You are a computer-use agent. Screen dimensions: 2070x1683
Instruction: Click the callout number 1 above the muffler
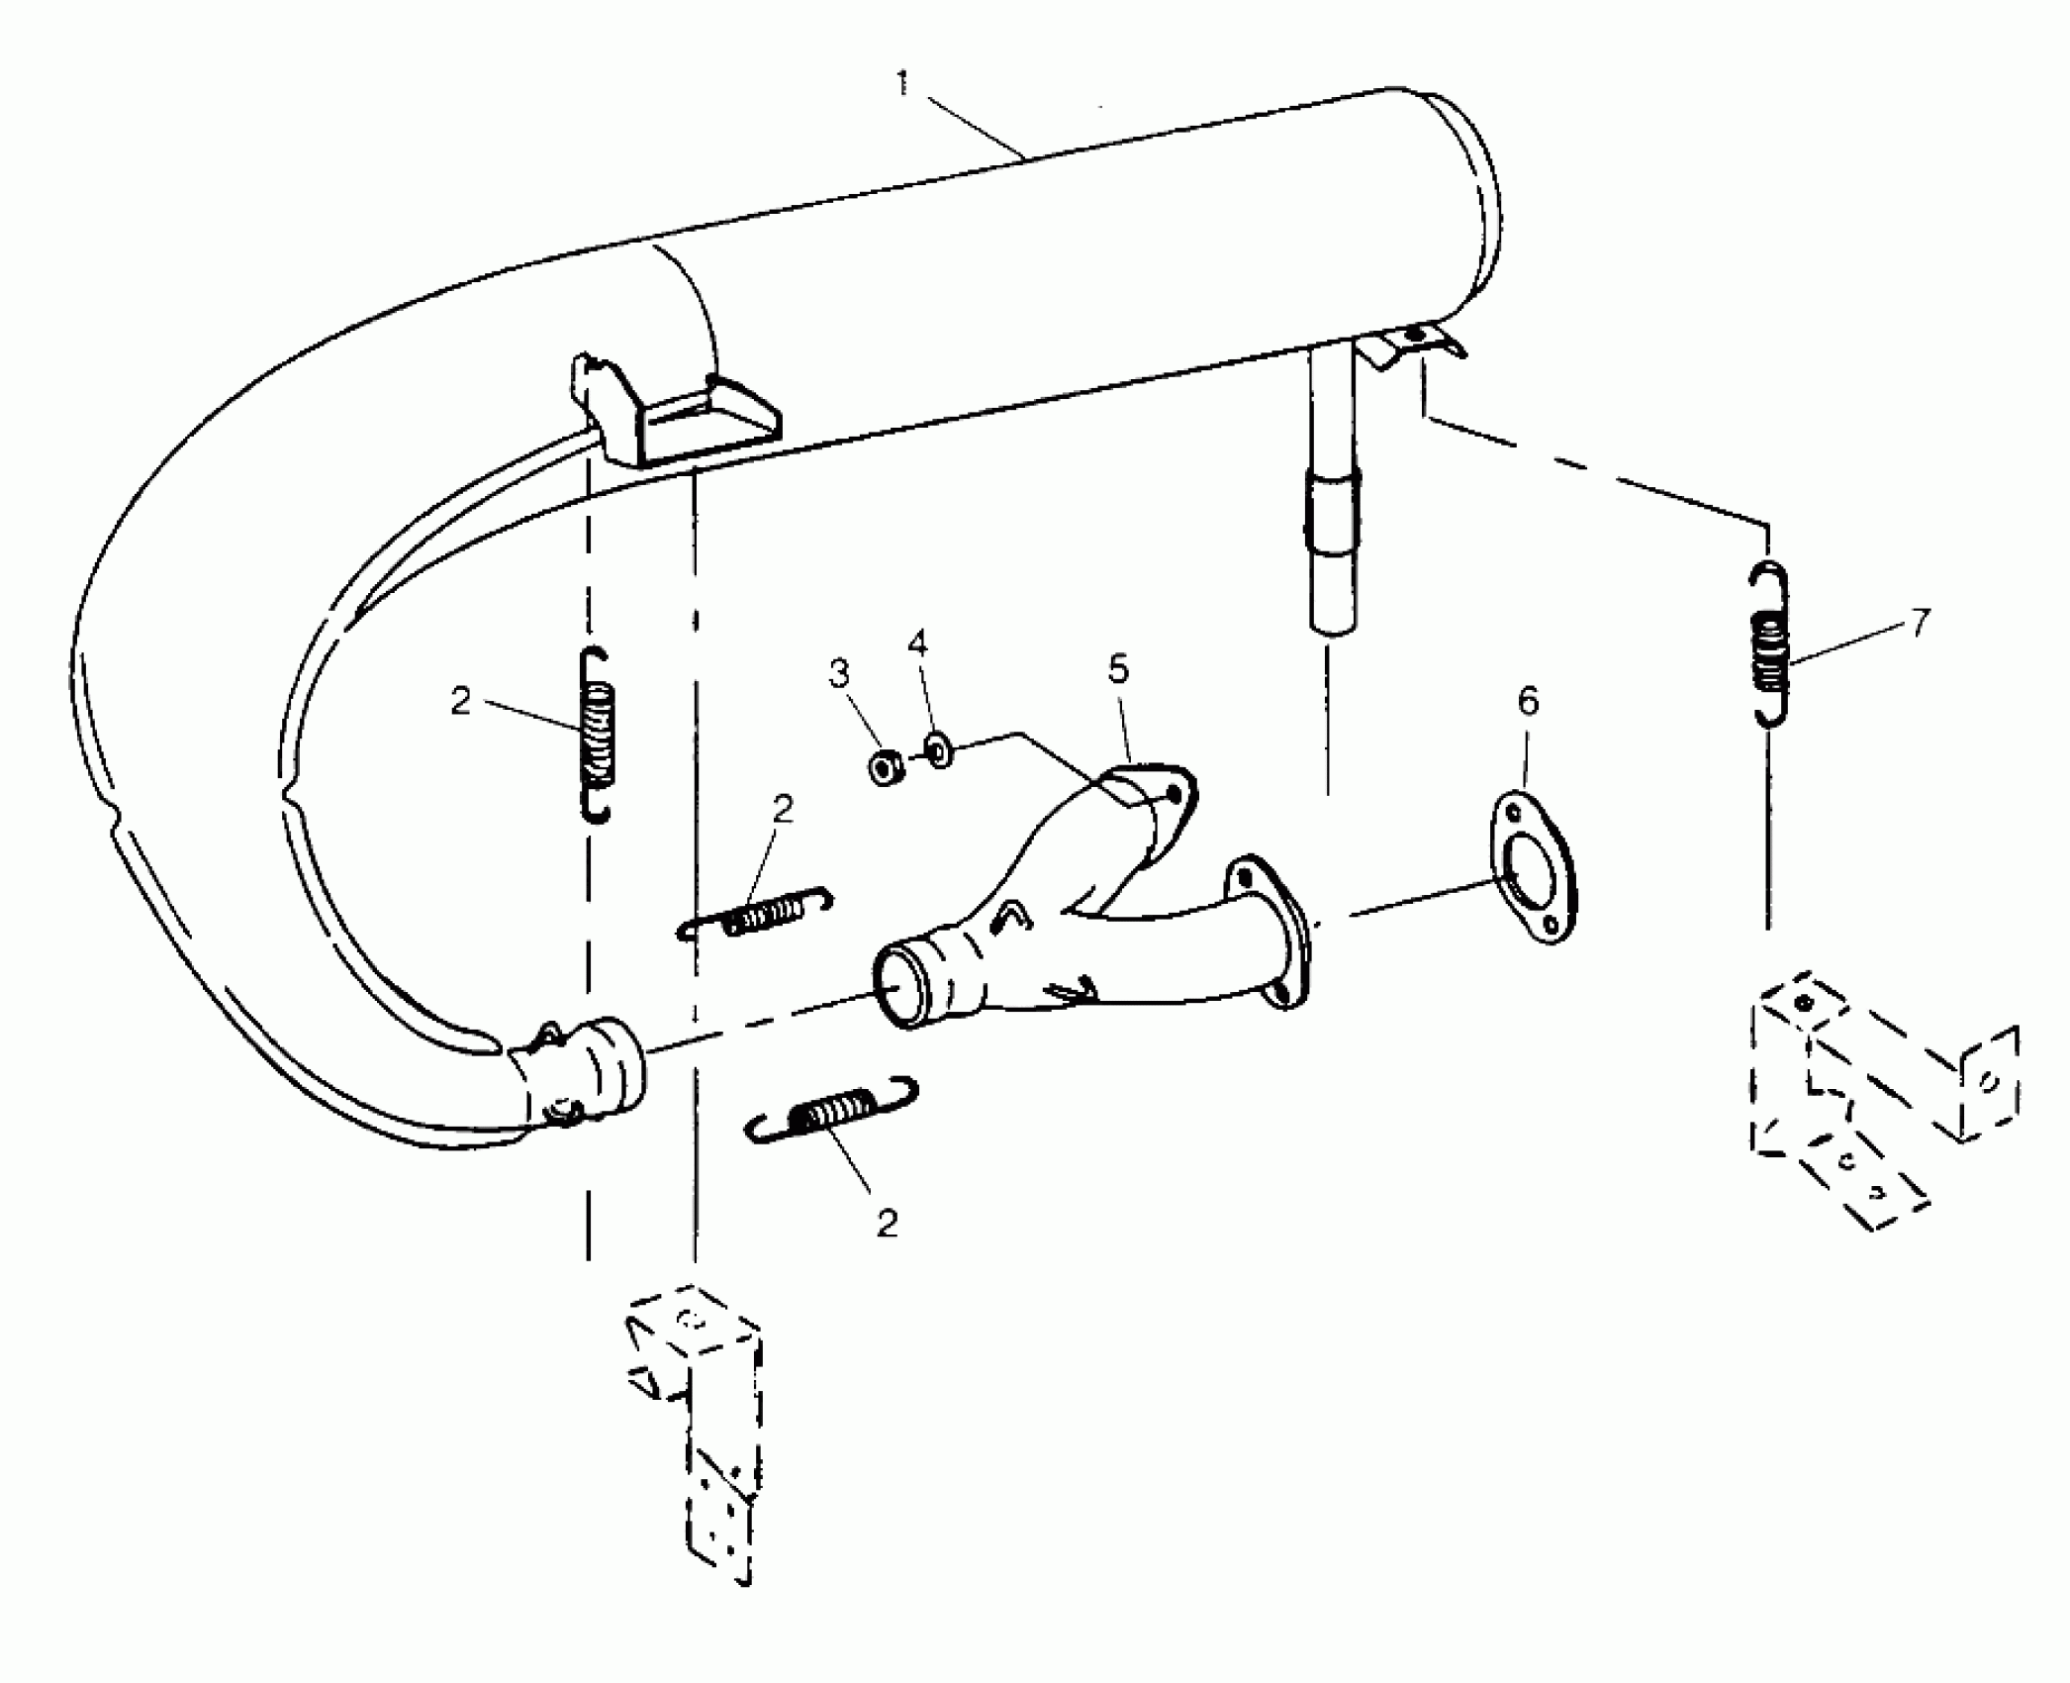coord(901,85)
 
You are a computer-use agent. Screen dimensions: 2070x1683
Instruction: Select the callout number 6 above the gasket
coord(1528,702)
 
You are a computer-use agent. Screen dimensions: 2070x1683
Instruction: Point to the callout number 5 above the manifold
coord(1117,670)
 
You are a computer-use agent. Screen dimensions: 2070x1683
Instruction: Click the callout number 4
coord(917,645)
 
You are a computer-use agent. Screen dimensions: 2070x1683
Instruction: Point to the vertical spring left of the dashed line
coord(597,734)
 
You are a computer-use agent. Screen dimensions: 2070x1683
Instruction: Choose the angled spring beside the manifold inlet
coord(756,913)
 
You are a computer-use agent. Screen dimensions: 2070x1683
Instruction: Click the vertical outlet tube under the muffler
coord(1332,495)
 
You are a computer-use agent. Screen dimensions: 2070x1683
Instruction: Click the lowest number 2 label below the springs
coord(887,1224)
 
